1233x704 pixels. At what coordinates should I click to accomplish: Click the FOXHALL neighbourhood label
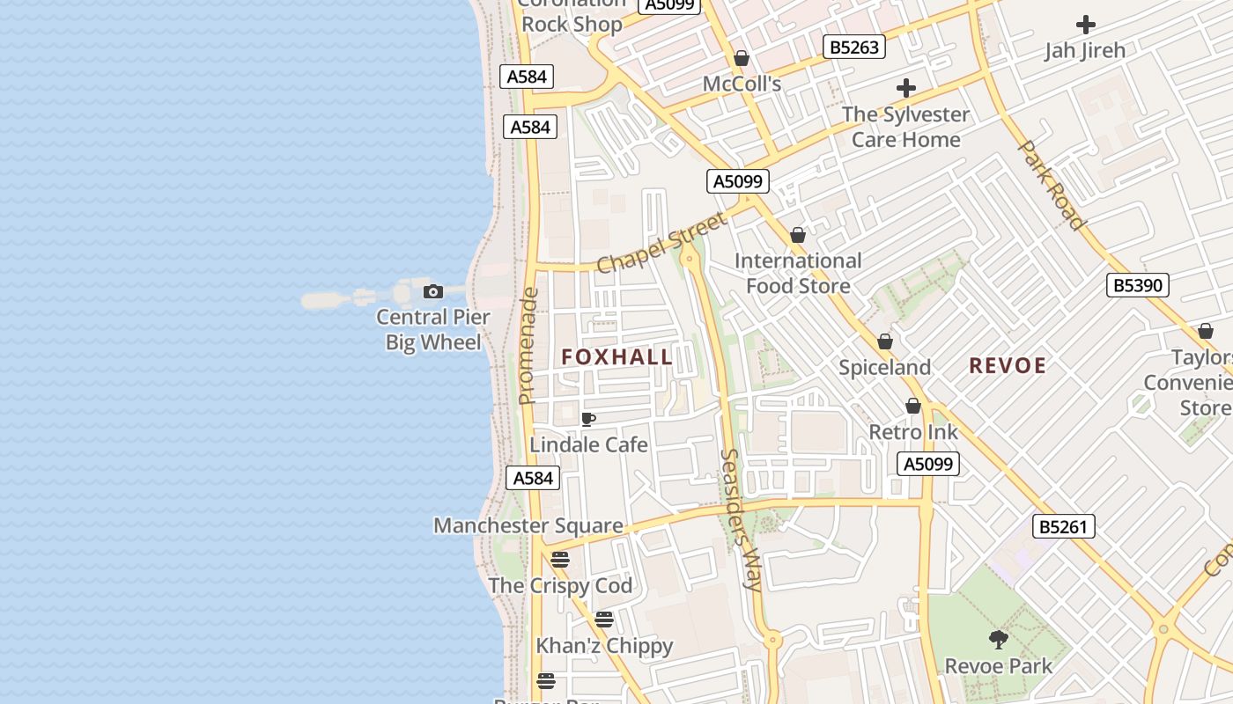[616, 357]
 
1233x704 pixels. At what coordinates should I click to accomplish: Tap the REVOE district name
[1008, 366]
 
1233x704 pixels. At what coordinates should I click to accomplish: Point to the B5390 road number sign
[1137, 285]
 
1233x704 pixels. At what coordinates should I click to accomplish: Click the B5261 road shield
[1063, 527]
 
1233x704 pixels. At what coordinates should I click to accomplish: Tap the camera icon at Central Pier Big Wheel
[432, 292]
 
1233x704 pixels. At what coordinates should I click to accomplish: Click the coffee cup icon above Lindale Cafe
[588, 419]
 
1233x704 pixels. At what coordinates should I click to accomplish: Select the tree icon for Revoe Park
[998, 640]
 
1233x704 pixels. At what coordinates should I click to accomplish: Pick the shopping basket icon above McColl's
[742, 58]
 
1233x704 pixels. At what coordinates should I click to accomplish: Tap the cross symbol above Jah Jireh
[1085, 25]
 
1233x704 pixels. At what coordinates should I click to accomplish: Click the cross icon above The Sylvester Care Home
[905, 88]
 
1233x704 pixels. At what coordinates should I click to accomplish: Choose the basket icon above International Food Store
[798, 235]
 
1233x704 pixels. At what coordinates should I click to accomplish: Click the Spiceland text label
[884, 368]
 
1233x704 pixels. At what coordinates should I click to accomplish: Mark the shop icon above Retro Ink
[913, 406]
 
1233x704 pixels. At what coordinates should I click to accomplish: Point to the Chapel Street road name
[662, 243]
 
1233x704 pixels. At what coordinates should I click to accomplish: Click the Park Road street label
[1050, 185]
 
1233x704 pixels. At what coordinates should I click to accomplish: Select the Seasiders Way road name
[741, 519]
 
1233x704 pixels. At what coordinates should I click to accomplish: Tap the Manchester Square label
[528, 526]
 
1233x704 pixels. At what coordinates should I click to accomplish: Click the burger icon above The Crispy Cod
[560, 559]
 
